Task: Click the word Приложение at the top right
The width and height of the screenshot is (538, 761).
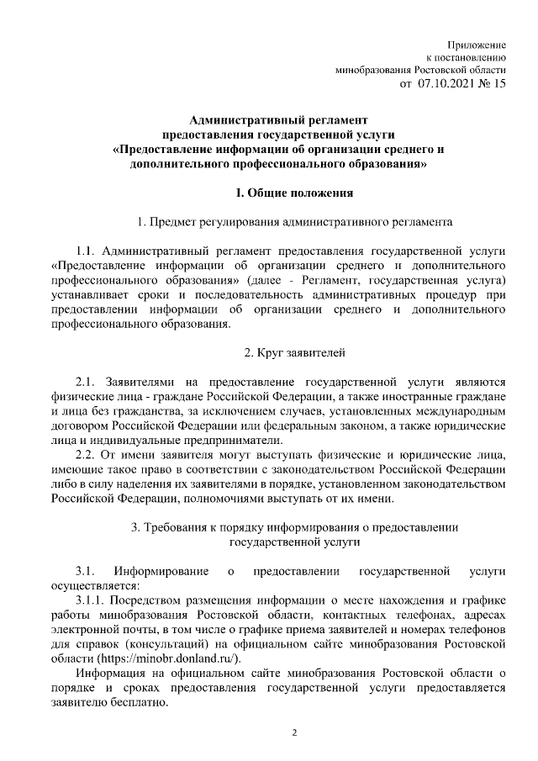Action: click(478, 42)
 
